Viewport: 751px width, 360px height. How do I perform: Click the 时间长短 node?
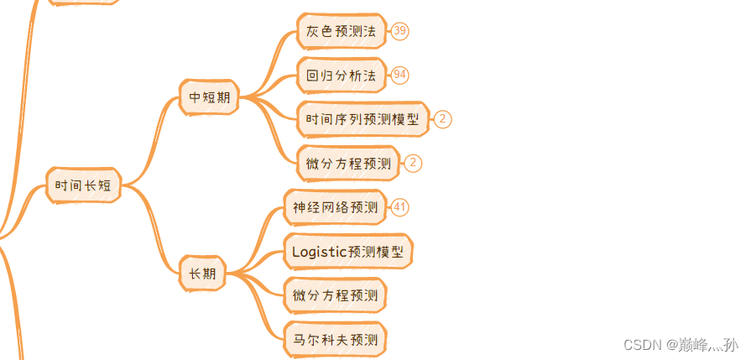(83, 185)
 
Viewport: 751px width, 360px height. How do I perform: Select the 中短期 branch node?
(209, 97)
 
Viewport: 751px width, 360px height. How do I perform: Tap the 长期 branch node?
(202, 274)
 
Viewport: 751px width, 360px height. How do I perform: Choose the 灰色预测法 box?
(341, 32)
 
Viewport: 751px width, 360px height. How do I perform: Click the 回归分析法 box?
(341, 76)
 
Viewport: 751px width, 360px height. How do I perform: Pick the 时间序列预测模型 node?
(362, 119)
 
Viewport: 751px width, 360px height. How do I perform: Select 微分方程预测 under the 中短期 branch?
(348, 164)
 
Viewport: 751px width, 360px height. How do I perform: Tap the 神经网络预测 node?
(335, 207)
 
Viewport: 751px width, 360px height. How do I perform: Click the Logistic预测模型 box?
(347, 251)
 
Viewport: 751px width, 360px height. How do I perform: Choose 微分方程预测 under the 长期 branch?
(335, 295)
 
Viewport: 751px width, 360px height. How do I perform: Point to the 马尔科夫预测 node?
(335, 340)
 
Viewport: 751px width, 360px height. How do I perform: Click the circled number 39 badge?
(400, 31)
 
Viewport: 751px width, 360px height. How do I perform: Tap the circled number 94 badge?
(400, 76)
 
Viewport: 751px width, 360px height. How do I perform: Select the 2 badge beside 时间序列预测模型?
(443, 119)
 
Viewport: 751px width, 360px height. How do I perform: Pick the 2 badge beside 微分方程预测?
(413, 164)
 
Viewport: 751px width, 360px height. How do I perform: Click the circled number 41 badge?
(400, 207)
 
